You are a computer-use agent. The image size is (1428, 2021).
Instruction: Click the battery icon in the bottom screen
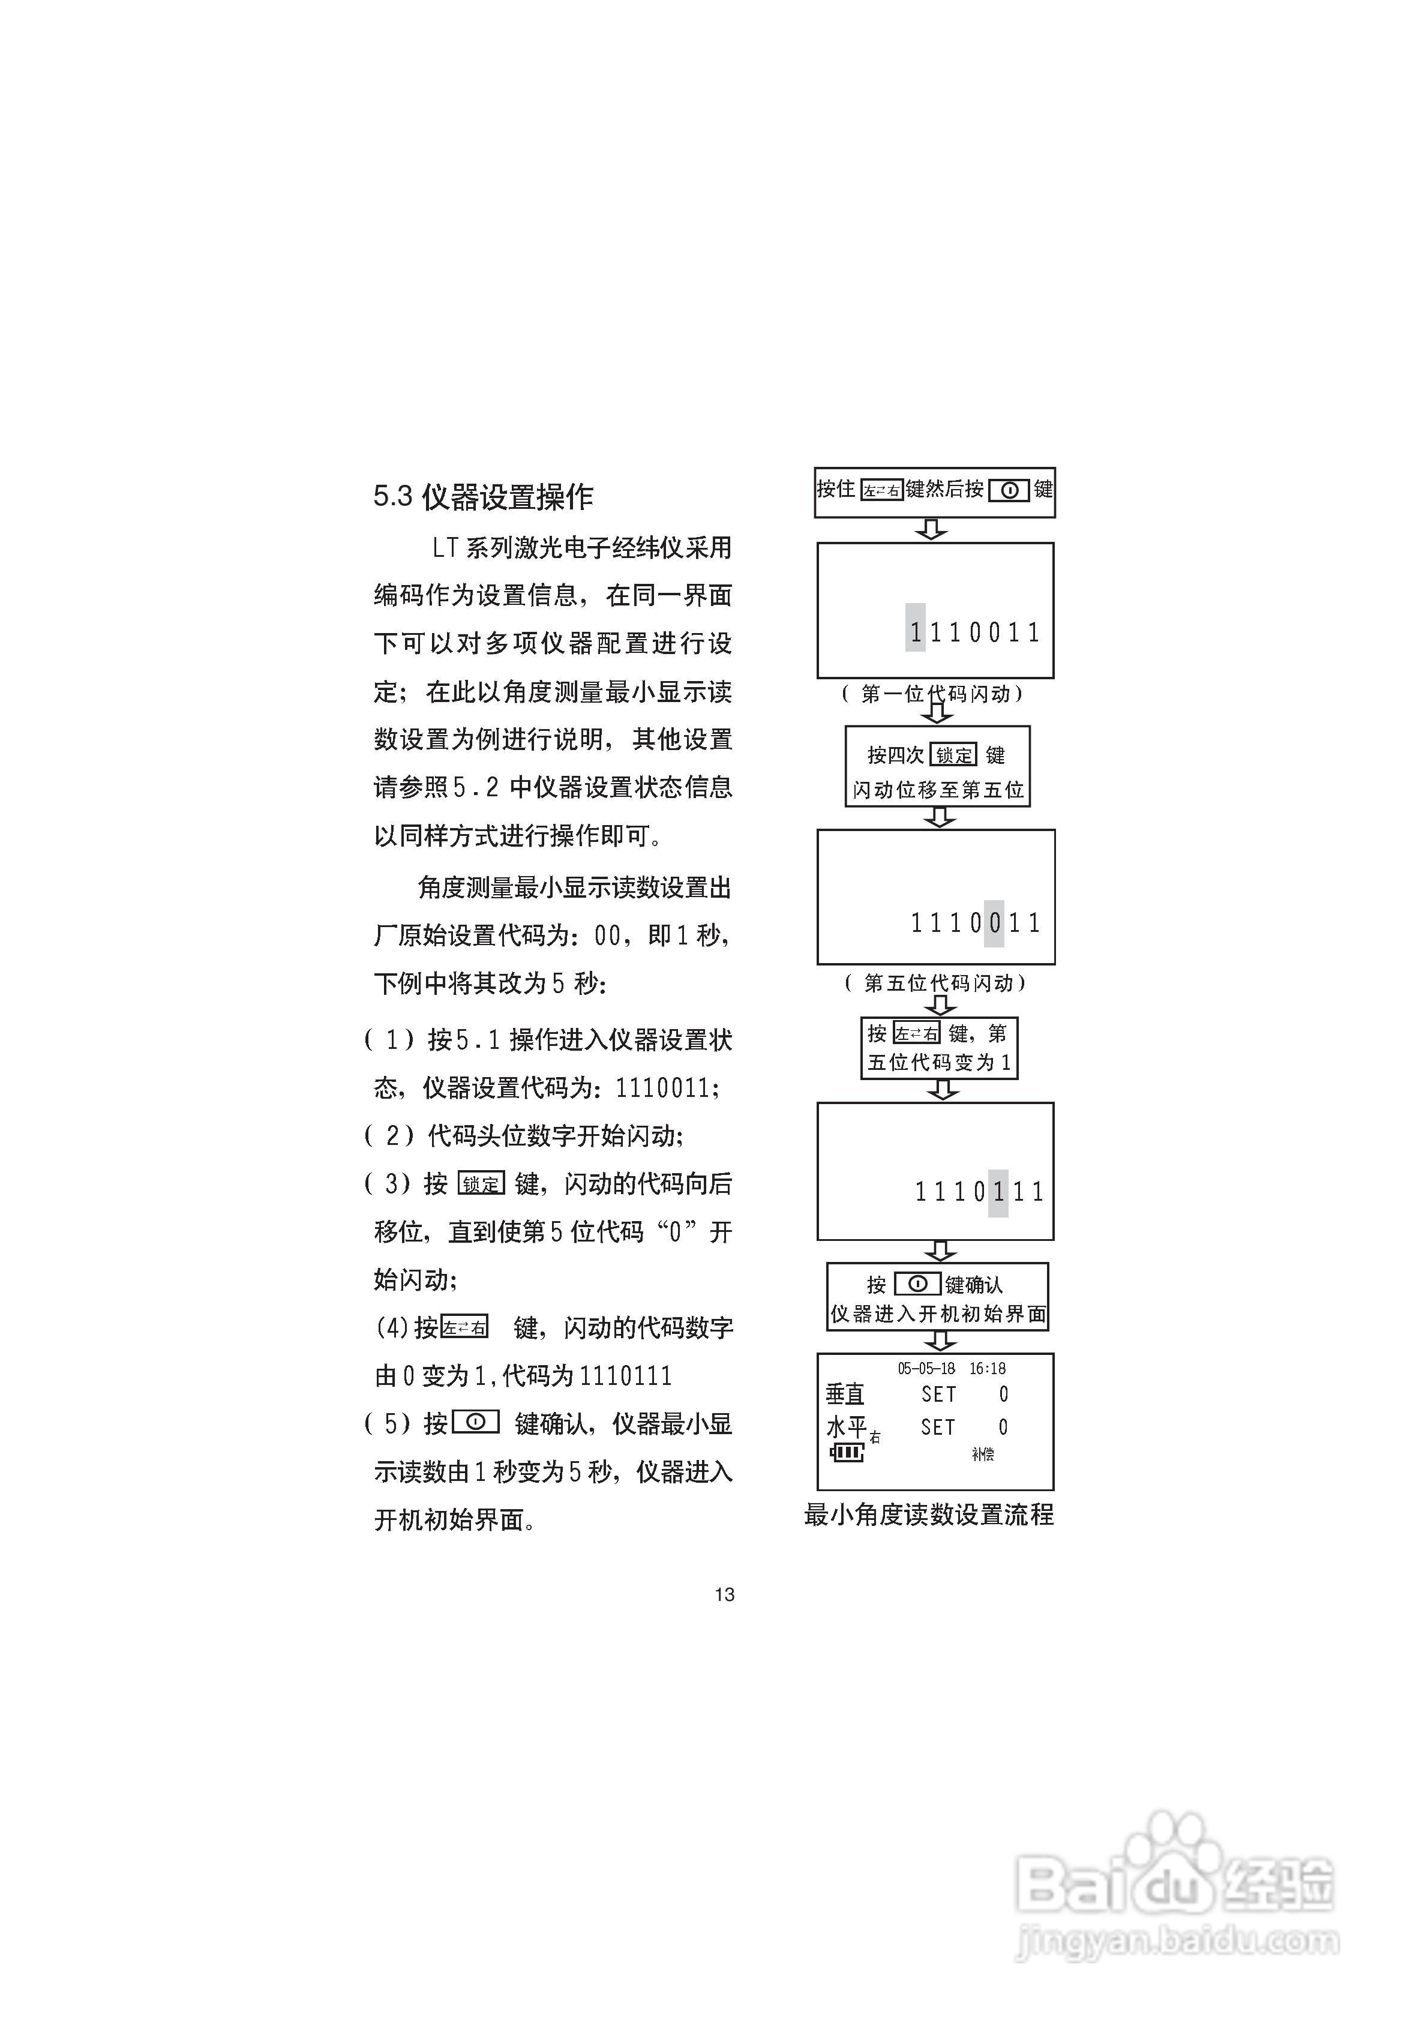pyautogui.click(x=847, y=1452)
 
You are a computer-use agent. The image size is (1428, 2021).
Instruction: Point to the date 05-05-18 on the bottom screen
pyautogui.click(x=926, y=1369)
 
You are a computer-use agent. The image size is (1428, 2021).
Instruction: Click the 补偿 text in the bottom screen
pyautogui.click(x=983, y=1454)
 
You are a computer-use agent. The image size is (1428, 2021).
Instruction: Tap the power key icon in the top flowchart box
pyautogui.click(x=1009, y=490)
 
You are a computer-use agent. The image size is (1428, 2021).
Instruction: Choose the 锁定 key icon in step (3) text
pyautogui.click(x=481, y=1184)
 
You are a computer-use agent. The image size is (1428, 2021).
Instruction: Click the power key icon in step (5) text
pyautogui.click(x=475, y=1422)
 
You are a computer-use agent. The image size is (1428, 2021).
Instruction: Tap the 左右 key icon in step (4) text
pyautogui.click(x=464, y=1327)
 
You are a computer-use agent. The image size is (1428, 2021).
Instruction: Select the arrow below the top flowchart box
pyautogui.click(x=931, y=529)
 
